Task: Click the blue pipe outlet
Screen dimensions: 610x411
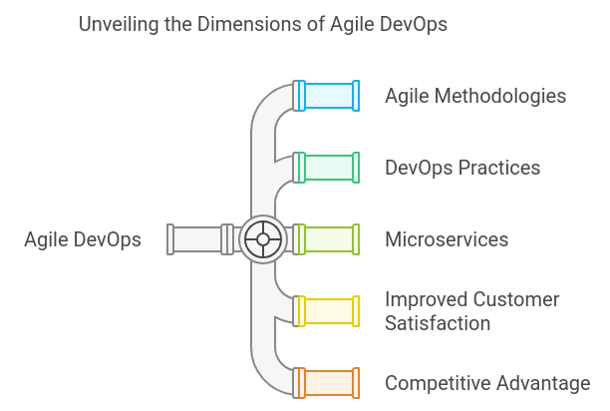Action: (327, 96)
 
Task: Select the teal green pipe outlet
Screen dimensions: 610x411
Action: (327, 168)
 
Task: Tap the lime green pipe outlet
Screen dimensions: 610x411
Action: (327, 239)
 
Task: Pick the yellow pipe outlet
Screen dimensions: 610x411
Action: (327, 311)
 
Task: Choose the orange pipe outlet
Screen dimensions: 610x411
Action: (327, 383)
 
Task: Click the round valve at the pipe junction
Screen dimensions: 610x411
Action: (263, 239)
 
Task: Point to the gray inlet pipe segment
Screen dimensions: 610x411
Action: (198, 239)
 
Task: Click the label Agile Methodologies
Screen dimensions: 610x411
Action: (475, 96)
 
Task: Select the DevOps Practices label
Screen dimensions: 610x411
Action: (462, 168)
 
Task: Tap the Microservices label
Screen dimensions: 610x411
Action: (447, 239)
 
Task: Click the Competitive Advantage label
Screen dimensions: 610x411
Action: (487, 383)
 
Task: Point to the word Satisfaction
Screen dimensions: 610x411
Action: (438, 323)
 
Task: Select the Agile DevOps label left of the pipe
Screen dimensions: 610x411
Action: (83, 239)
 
